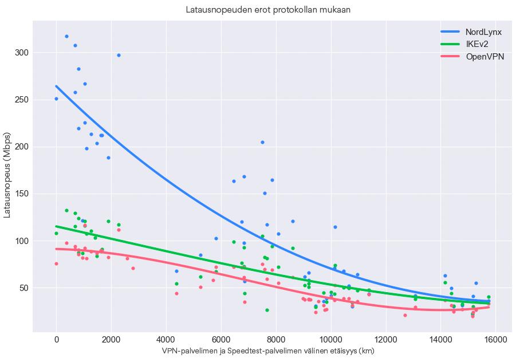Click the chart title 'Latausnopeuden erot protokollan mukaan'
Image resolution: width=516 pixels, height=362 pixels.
coord(268,10)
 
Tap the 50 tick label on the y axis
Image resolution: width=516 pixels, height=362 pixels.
coord(23,288)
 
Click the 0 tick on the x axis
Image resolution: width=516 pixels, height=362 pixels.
coord(56,340)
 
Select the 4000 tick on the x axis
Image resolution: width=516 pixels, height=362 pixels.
coord(166,340)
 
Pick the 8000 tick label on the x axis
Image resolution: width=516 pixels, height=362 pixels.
coord(276,340)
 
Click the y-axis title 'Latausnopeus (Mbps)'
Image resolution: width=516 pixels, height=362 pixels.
coord(8,176)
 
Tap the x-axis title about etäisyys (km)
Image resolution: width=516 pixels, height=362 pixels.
coord(268,351)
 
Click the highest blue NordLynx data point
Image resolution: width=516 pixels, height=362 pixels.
coord(66,37)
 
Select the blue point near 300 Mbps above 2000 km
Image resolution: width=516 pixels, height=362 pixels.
coord(119,56)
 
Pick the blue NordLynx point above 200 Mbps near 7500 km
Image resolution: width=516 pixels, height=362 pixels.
coord(262,142)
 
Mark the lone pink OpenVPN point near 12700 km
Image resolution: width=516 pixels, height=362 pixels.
coord(405,315)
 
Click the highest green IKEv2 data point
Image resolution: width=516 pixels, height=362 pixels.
coord(66,211)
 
